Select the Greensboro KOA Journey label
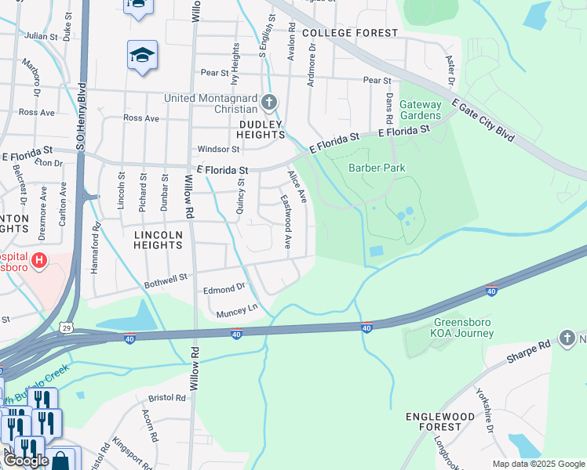pos(463,327)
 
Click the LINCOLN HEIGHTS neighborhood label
pos(158,240)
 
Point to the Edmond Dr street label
pos(224,289)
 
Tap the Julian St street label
pos(41,36)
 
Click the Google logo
pos(26,461)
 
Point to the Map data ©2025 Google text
pos(538,464)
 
